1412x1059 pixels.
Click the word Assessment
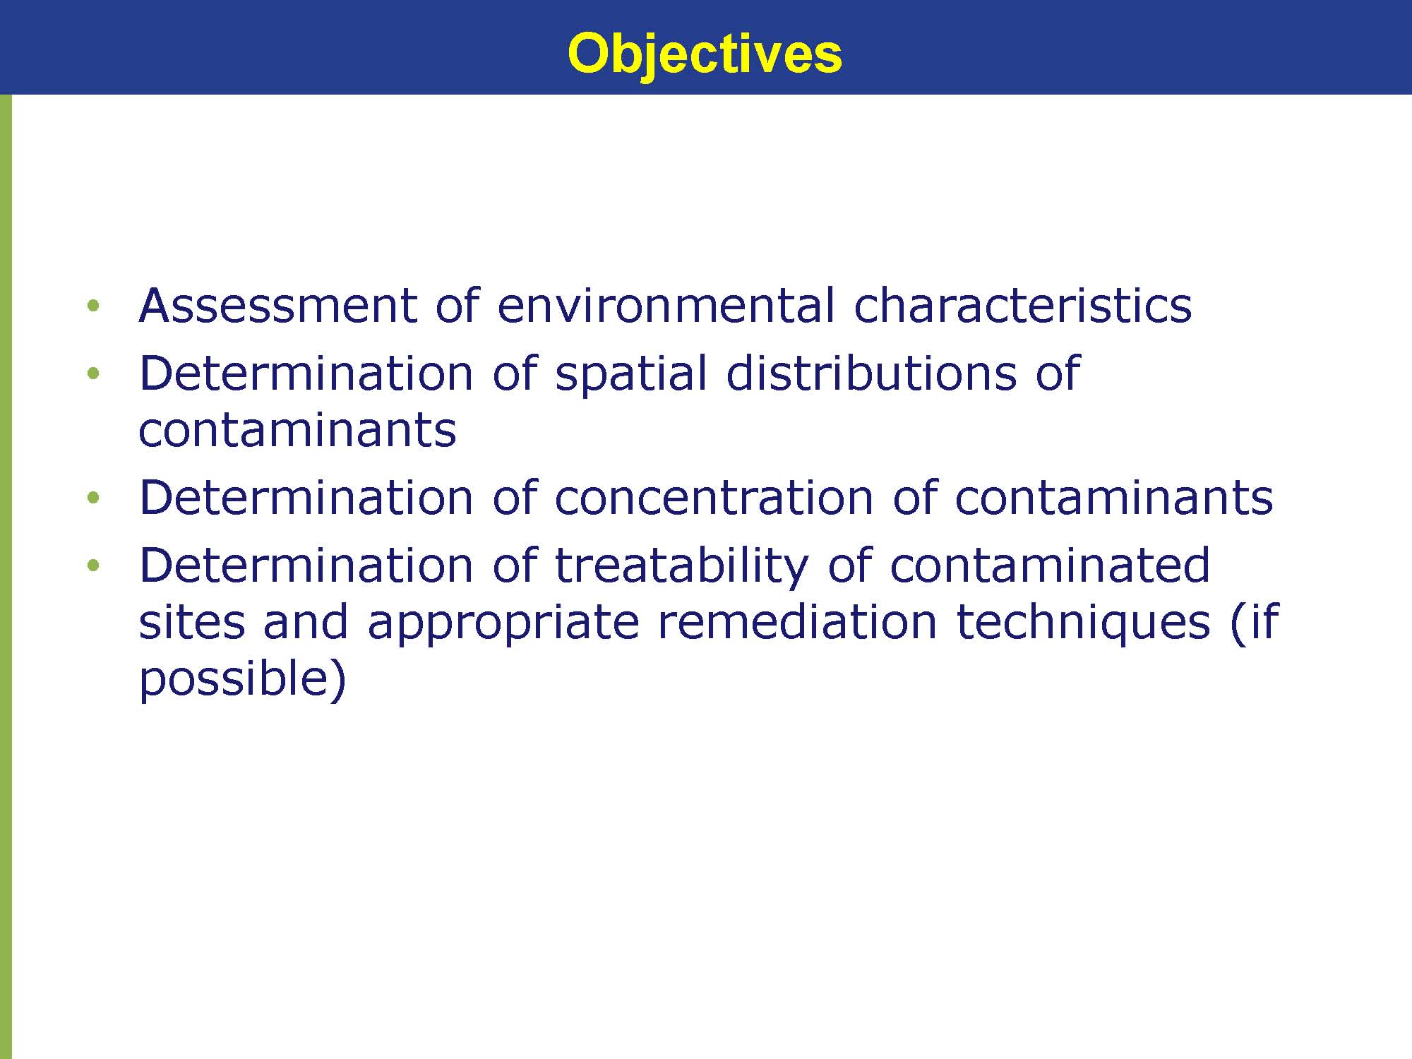(x=278, y=306)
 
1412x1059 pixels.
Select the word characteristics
(x=1023, y=306)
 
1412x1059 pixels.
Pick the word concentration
(x=714, y=498)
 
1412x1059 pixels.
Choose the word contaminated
(x=1050, y=566)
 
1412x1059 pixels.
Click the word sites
(x=191, y=621)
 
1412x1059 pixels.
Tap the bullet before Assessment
(x=93, y=306)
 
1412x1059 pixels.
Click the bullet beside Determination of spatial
(x=93, y=373)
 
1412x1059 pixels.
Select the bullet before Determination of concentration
(x=93, y=498)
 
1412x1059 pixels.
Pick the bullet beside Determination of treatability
(x=93, y=566)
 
